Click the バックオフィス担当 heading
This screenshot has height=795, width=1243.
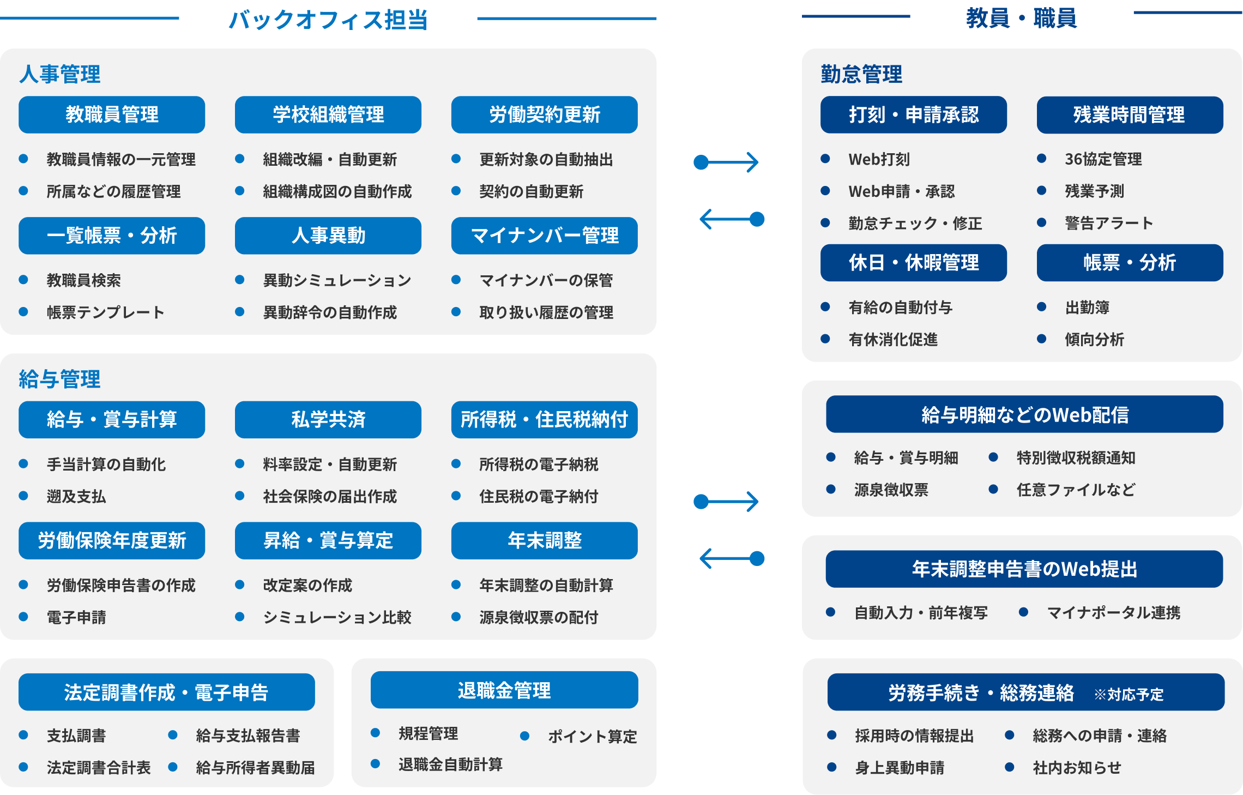[x=328, y=20]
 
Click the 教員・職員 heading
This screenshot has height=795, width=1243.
[x=1021, y=18]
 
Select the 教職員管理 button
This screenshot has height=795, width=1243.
[x=112, y=115]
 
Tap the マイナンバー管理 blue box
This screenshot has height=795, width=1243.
[x=544, y=236]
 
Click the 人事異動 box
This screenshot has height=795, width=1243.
[x=328, y=236]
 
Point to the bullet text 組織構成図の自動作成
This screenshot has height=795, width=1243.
[x=337, y=191]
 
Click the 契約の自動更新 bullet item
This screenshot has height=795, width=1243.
[x=531, y=191]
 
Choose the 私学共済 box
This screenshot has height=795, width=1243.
[x=328, y=419]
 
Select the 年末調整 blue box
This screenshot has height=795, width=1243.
[x=544, y=540]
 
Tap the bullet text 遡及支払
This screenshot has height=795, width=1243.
[x=76, y=496]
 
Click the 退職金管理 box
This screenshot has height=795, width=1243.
[x=504, y=690]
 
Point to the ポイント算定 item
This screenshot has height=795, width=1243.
[x=592, y=737]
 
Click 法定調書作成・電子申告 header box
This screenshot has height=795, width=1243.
[x=166, y=692]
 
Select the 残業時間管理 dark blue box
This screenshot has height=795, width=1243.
[x=1130, y=115]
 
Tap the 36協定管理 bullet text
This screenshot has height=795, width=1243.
[x=1103, y=159]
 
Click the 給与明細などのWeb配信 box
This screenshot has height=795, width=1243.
[x=1024, y=415]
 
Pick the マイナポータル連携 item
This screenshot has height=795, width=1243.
[x=1113, y=613]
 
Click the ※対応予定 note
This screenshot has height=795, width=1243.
[x=1129, y=694]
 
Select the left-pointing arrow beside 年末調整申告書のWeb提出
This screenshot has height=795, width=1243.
[x=732, y=558]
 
